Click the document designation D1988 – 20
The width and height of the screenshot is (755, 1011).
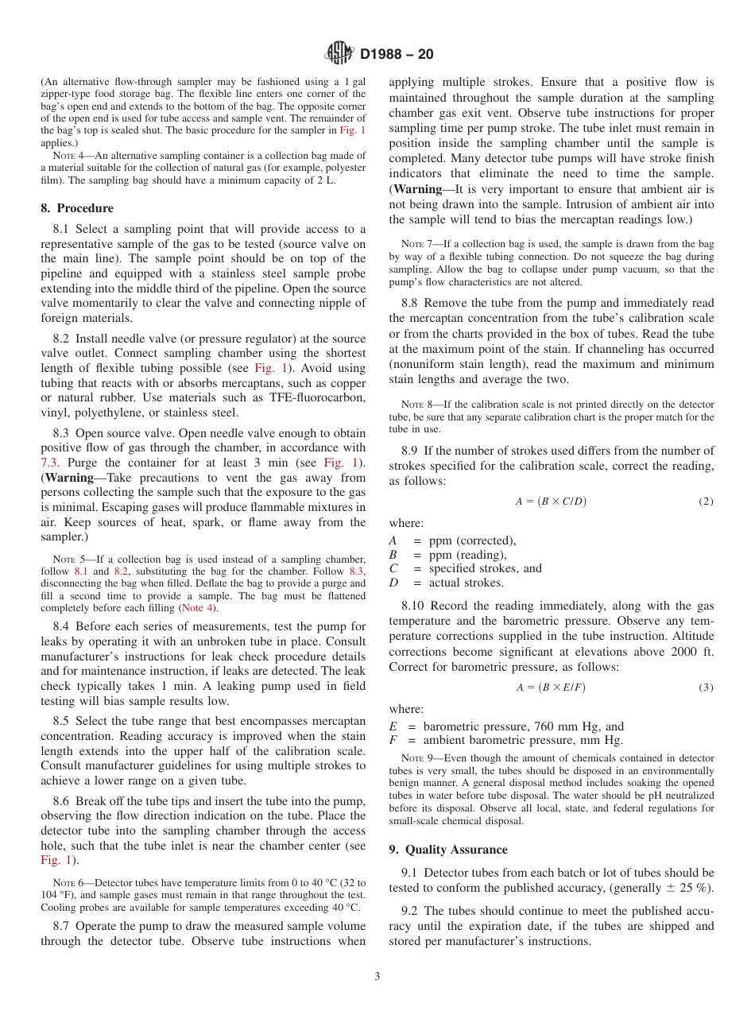tap(397, 55)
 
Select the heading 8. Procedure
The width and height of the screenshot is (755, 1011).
tap(76, 208)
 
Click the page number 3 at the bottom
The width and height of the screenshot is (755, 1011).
tap(377, 977)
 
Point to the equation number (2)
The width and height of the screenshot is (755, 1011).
tap(706, 502)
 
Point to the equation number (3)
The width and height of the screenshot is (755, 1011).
tap(706, 688)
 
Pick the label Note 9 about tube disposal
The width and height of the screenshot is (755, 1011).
tap(416, 758)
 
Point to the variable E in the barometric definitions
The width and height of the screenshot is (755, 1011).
tap(393, 726)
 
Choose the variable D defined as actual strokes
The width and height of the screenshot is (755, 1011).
tap(393, 583)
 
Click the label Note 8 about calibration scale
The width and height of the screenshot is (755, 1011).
tap(416, 405)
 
